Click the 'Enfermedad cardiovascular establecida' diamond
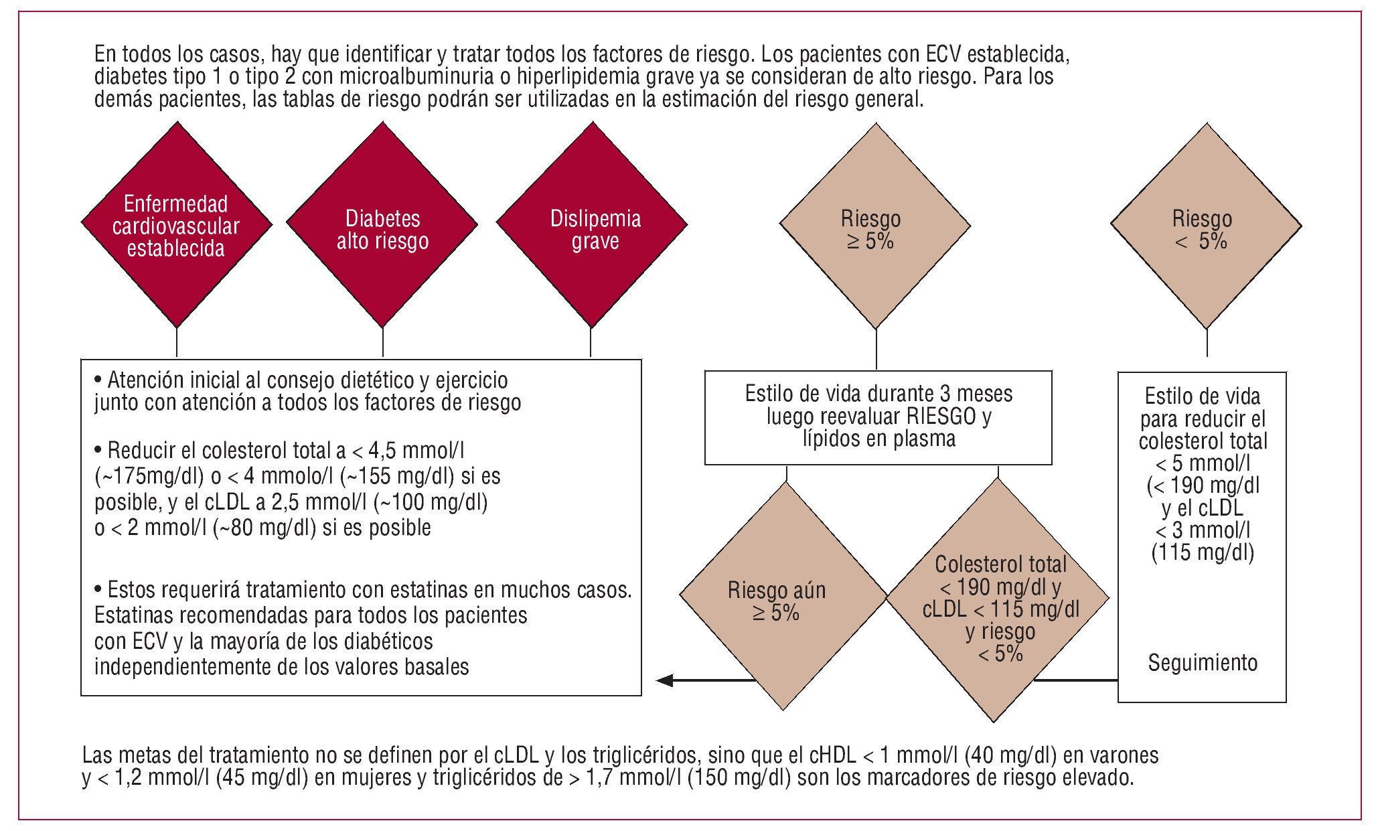coord(177,225)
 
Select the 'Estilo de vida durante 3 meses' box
coord(878,417)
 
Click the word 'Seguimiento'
coord(1203,663)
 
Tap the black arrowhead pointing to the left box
coord(665,680)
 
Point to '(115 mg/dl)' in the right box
coord(1203,552)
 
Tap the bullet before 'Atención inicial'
coord(98,380)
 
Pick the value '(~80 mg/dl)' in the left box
coord(264,528)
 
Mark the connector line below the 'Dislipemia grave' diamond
coord(591,343)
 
